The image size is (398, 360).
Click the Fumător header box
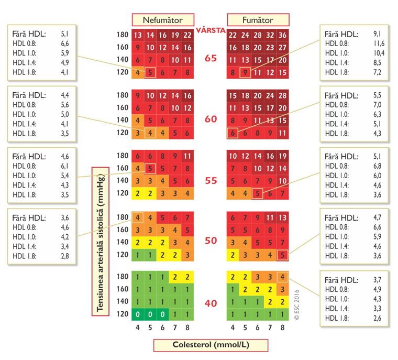(x=257, y=20)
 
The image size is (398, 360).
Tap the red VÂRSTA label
(x=211, y=29)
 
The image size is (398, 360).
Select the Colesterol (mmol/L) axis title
(x=211, y=345)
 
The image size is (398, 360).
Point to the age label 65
(x=211, y=59)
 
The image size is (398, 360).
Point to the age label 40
(x=211, y=303)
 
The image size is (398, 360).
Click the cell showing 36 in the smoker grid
(x=282, y=36)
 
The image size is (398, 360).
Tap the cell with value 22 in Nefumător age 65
(x=187, y=36)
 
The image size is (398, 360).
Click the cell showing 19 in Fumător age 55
(x=282, y=156)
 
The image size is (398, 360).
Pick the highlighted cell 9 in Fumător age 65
(x=244, y=72)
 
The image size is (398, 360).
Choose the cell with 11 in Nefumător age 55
(x=187, y=156)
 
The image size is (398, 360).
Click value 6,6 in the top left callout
(x=65, y=43)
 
